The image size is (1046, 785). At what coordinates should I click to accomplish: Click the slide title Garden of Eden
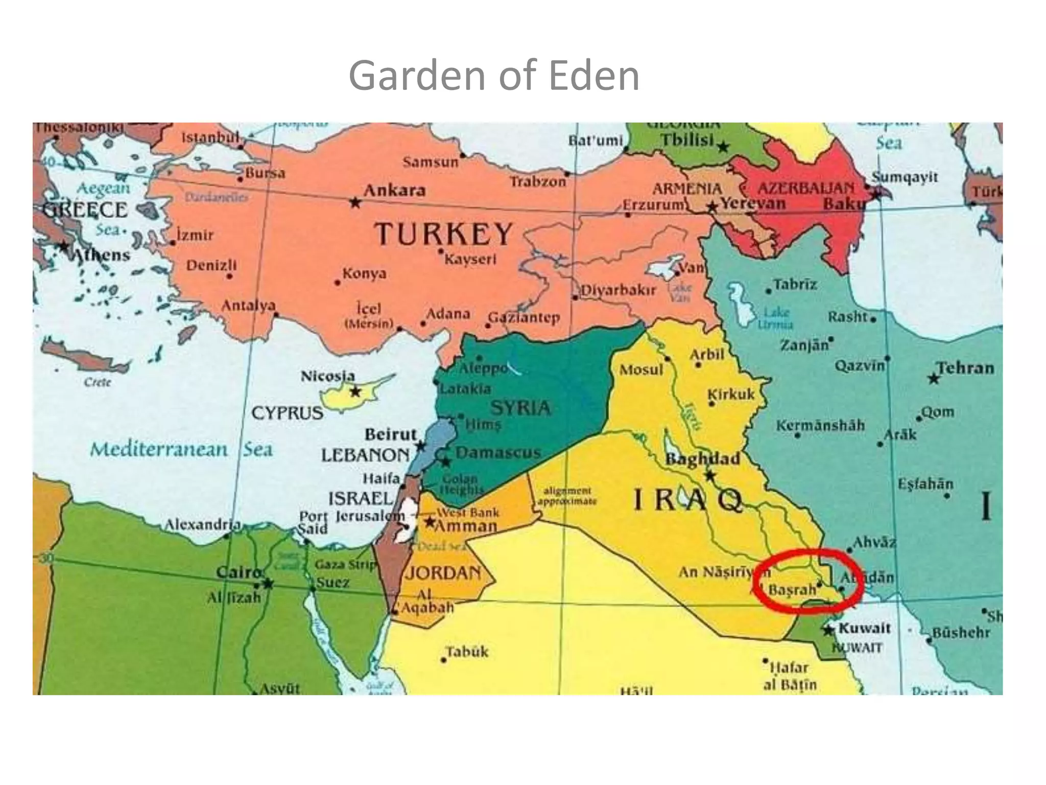(493, 76)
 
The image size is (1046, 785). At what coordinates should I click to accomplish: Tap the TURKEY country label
(443, 234)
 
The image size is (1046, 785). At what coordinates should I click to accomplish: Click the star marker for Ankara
(355, 202)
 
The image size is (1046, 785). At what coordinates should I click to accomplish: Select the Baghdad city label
(702, 458)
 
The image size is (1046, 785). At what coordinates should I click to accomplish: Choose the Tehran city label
(965, 367)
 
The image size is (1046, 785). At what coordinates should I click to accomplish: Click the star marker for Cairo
(268, 583)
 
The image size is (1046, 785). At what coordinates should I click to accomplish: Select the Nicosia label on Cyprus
(327, 376)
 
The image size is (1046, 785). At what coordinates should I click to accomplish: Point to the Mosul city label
(641, 369)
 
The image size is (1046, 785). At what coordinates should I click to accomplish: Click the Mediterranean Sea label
(181, 449)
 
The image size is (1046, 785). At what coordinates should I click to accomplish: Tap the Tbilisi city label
(687, 140)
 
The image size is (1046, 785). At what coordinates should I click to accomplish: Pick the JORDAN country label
(443, 572)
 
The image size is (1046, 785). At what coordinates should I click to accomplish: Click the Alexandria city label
(202, 525)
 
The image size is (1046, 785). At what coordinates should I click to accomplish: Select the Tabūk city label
(467, 652)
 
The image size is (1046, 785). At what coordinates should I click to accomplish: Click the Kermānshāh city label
(820, 425)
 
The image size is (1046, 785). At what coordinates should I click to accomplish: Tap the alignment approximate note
(567, 496)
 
